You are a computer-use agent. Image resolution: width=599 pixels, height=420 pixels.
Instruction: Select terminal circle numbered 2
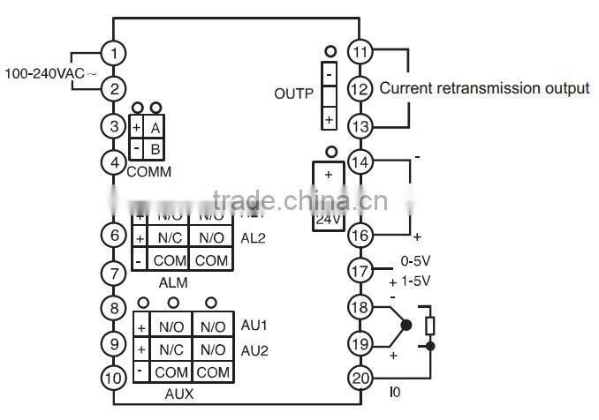(114, 88)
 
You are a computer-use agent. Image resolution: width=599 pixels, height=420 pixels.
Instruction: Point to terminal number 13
(359, 125)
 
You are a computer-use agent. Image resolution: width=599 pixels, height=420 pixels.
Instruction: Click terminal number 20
(359, 378)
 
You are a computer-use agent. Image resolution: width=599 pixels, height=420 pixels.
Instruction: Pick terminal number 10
(114, 379)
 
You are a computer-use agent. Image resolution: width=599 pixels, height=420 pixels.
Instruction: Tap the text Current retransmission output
(484, 88)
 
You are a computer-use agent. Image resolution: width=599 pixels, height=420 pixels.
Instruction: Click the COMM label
(149, 171)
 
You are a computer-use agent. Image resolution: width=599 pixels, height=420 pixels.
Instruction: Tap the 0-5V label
(414, 262)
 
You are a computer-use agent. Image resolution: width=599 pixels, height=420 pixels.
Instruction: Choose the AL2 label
(253, 237)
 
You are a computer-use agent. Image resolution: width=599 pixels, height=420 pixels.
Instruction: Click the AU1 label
(254, 326)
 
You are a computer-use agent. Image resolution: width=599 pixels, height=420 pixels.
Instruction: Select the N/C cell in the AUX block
(171, 349)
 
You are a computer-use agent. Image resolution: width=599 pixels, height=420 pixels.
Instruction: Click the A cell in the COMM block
(155, 128)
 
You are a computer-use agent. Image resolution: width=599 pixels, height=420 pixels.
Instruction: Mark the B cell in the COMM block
(155, 148)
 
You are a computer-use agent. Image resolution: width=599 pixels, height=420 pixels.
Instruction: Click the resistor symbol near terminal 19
(429, 326)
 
